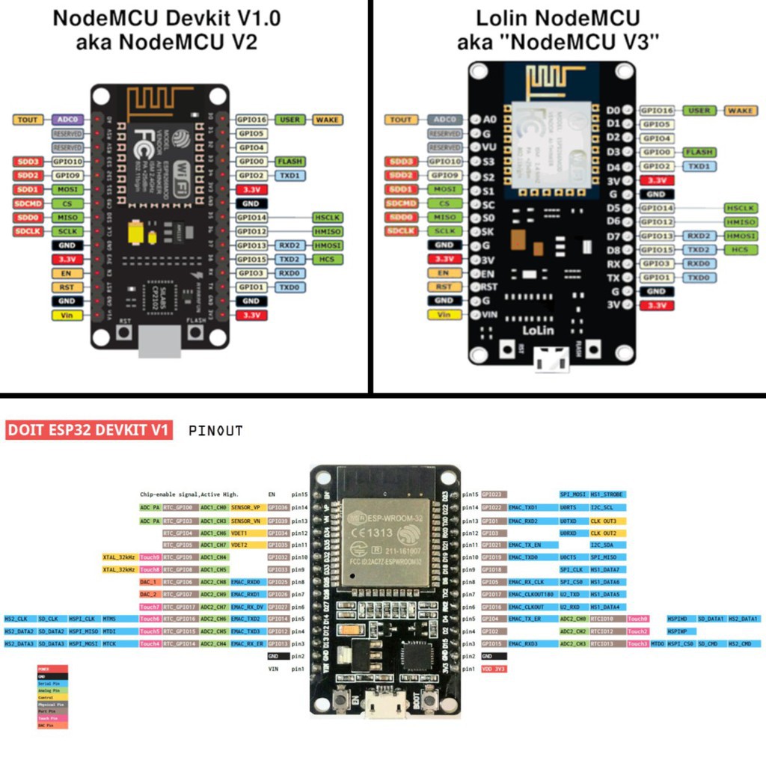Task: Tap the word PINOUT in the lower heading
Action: (x=215, y=431)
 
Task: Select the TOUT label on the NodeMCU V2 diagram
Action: (x=28, y=120)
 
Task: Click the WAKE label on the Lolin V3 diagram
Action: (x=741, y=111)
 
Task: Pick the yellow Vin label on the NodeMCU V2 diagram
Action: (x=67, y=315)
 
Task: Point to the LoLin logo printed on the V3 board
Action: (x=537, y=328)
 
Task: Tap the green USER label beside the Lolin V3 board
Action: (x=699, y=111)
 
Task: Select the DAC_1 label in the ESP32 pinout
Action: (x=149, y=582)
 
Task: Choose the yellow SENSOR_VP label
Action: (x=245, y=508)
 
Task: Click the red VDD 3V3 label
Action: (x=494, y=668)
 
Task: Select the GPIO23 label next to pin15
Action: (x=491, y=494)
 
